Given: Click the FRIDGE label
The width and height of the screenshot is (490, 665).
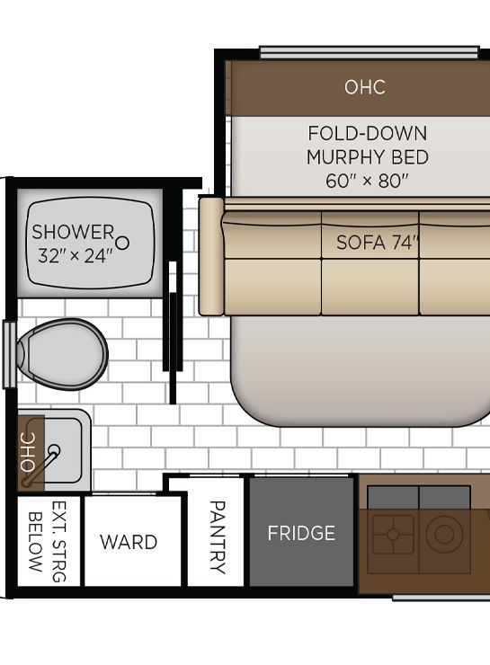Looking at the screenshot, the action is click(x=301, y=533).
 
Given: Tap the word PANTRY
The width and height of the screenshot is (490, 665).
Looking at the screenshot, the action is click(x=218, y=536).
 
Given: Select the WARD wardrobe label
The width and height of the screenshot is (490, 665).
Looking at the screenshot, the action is click(x=129, y=542).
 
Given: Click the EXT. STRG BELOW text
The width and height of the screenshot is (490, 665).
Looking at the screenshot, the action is click(x=47, y=542).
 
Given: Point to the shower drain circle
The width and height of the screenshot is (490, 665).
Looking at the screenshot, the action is click(x=122, y=243).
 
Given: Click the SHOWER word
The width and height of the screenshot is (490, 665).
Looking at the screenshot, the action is click(x=73, y=232).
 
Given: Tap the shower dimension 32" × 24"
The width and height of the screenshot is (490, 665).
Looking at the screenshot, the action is click(x=76, y=256).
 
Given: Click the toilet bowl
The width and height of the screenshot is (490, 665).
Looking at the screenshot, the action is click(x=62, y=354).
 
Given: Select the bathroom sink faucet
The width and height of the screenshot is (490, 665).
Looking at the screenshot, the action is click(x=41, y=465).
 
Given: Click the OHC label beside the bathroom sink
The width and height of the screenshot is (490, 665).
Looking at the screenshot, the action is click(x=28, y=452).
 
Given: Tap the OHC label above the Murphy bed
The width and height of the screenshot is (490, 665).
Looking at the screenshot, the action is click(x=365, y=87).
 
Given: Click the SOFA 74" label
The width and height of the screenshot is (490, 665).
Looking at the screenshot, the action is click(x=378, y=243).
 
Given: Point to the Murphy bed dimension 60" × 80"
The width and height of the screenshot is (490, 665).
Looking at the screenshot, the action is click(x=367, y=182).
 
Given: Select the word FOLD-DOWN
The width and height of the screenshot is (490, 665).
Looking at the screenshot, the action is click(x=368, y=134).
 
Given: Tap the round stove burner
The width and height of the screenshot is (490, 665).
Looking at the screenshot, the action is click(x=444, y=535).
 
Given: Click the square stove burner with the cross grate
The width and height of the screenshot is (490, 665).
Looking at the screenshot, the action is click(x=393, y=535).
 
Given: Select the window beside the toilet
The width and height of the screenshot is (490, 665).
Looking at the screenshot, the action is click(x=9, y=355).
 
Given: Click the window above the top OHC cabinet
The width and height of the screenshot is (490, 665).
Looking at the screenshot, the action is click(x=370, y=52).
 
